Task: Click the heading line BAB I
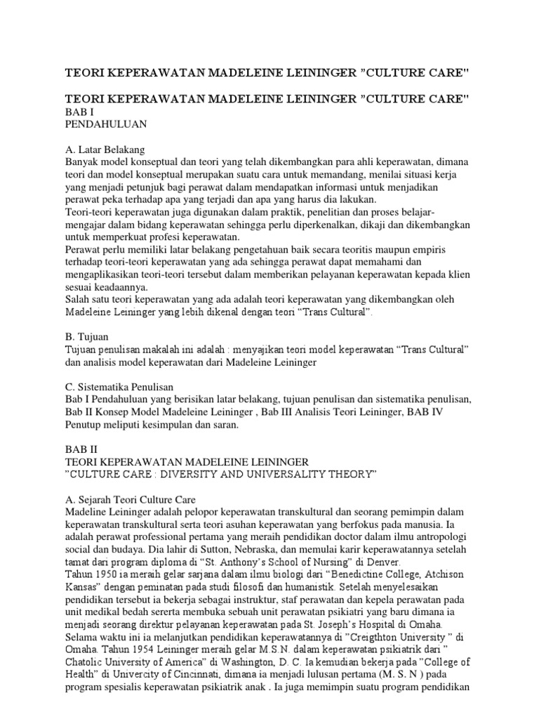(79, 112)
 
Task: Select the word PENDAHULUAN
(105, 124)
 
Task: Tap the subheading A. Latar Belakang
(104, 150)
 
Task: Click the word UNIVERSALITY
(296, 475)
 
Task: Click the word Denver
(381, 562)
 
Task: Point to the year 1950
(105, 575)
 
